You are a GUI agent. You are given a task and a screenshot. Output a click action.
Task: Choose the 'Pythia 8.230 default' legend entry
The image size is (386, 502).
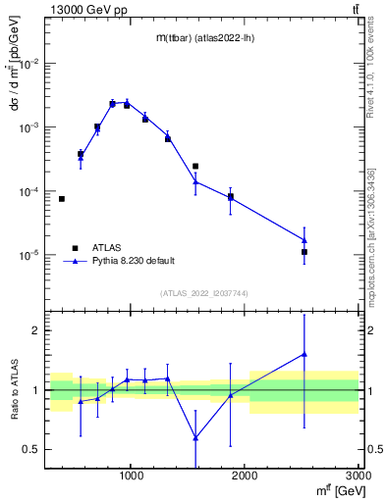tap(133, 261)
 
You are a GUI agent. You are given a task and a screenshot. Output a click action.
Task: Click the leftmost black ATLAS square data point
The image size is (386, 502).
tap(61, 199)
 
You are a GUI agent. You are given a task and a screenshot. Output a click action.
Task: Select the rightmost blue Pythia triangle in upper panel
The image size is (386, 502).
tap(304, 240)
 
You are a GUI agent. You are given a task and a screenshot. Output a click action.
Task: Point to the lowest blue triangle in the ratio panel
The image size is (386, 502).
tap(195, 437)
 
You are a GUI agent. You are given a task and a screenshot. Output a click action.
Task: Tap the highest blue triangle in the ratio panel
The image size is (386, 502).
tap(304, 354)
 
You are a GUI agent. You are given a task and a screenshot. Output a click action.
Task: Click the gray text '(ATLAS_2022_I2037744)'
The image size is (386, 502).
tap(204, 293)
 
